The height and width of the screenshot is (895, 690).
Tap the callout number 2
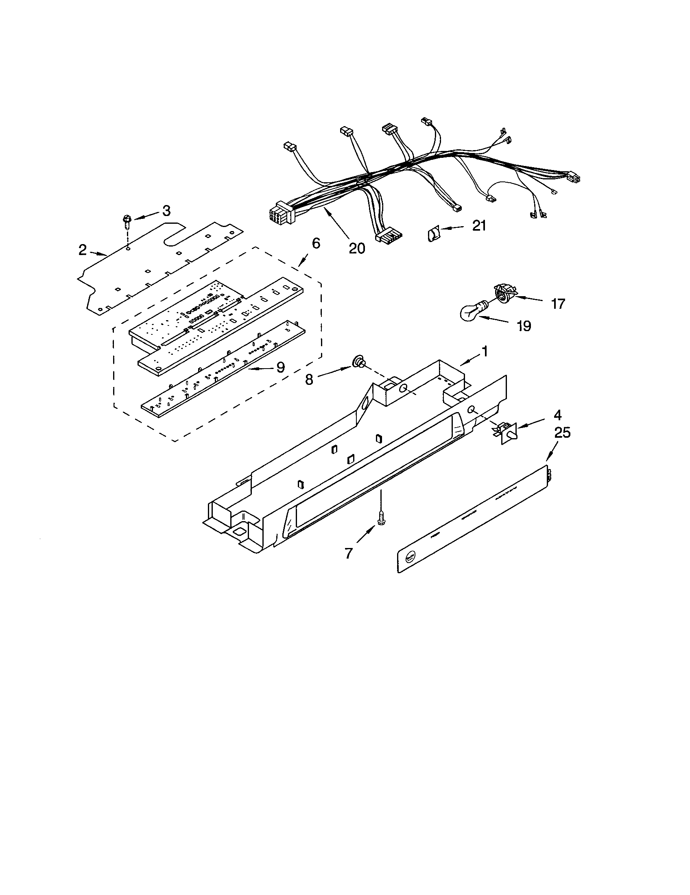82,249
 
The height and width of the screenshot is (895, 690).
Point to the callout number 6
315,243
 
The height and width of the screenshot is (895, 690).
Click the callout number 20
356,248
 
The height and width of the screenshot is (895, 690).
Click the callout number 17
558,303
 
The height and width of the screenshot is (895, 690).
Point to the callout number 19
524,326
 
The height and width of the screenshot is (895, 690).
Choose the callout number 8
309,380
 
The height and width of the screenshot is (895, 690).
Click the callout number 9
280,367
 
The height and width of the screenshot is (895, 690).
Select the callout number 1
484,351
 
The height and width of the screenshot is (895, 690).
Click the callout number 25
562,432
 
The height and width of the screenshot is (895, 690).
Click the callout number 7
348,553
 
